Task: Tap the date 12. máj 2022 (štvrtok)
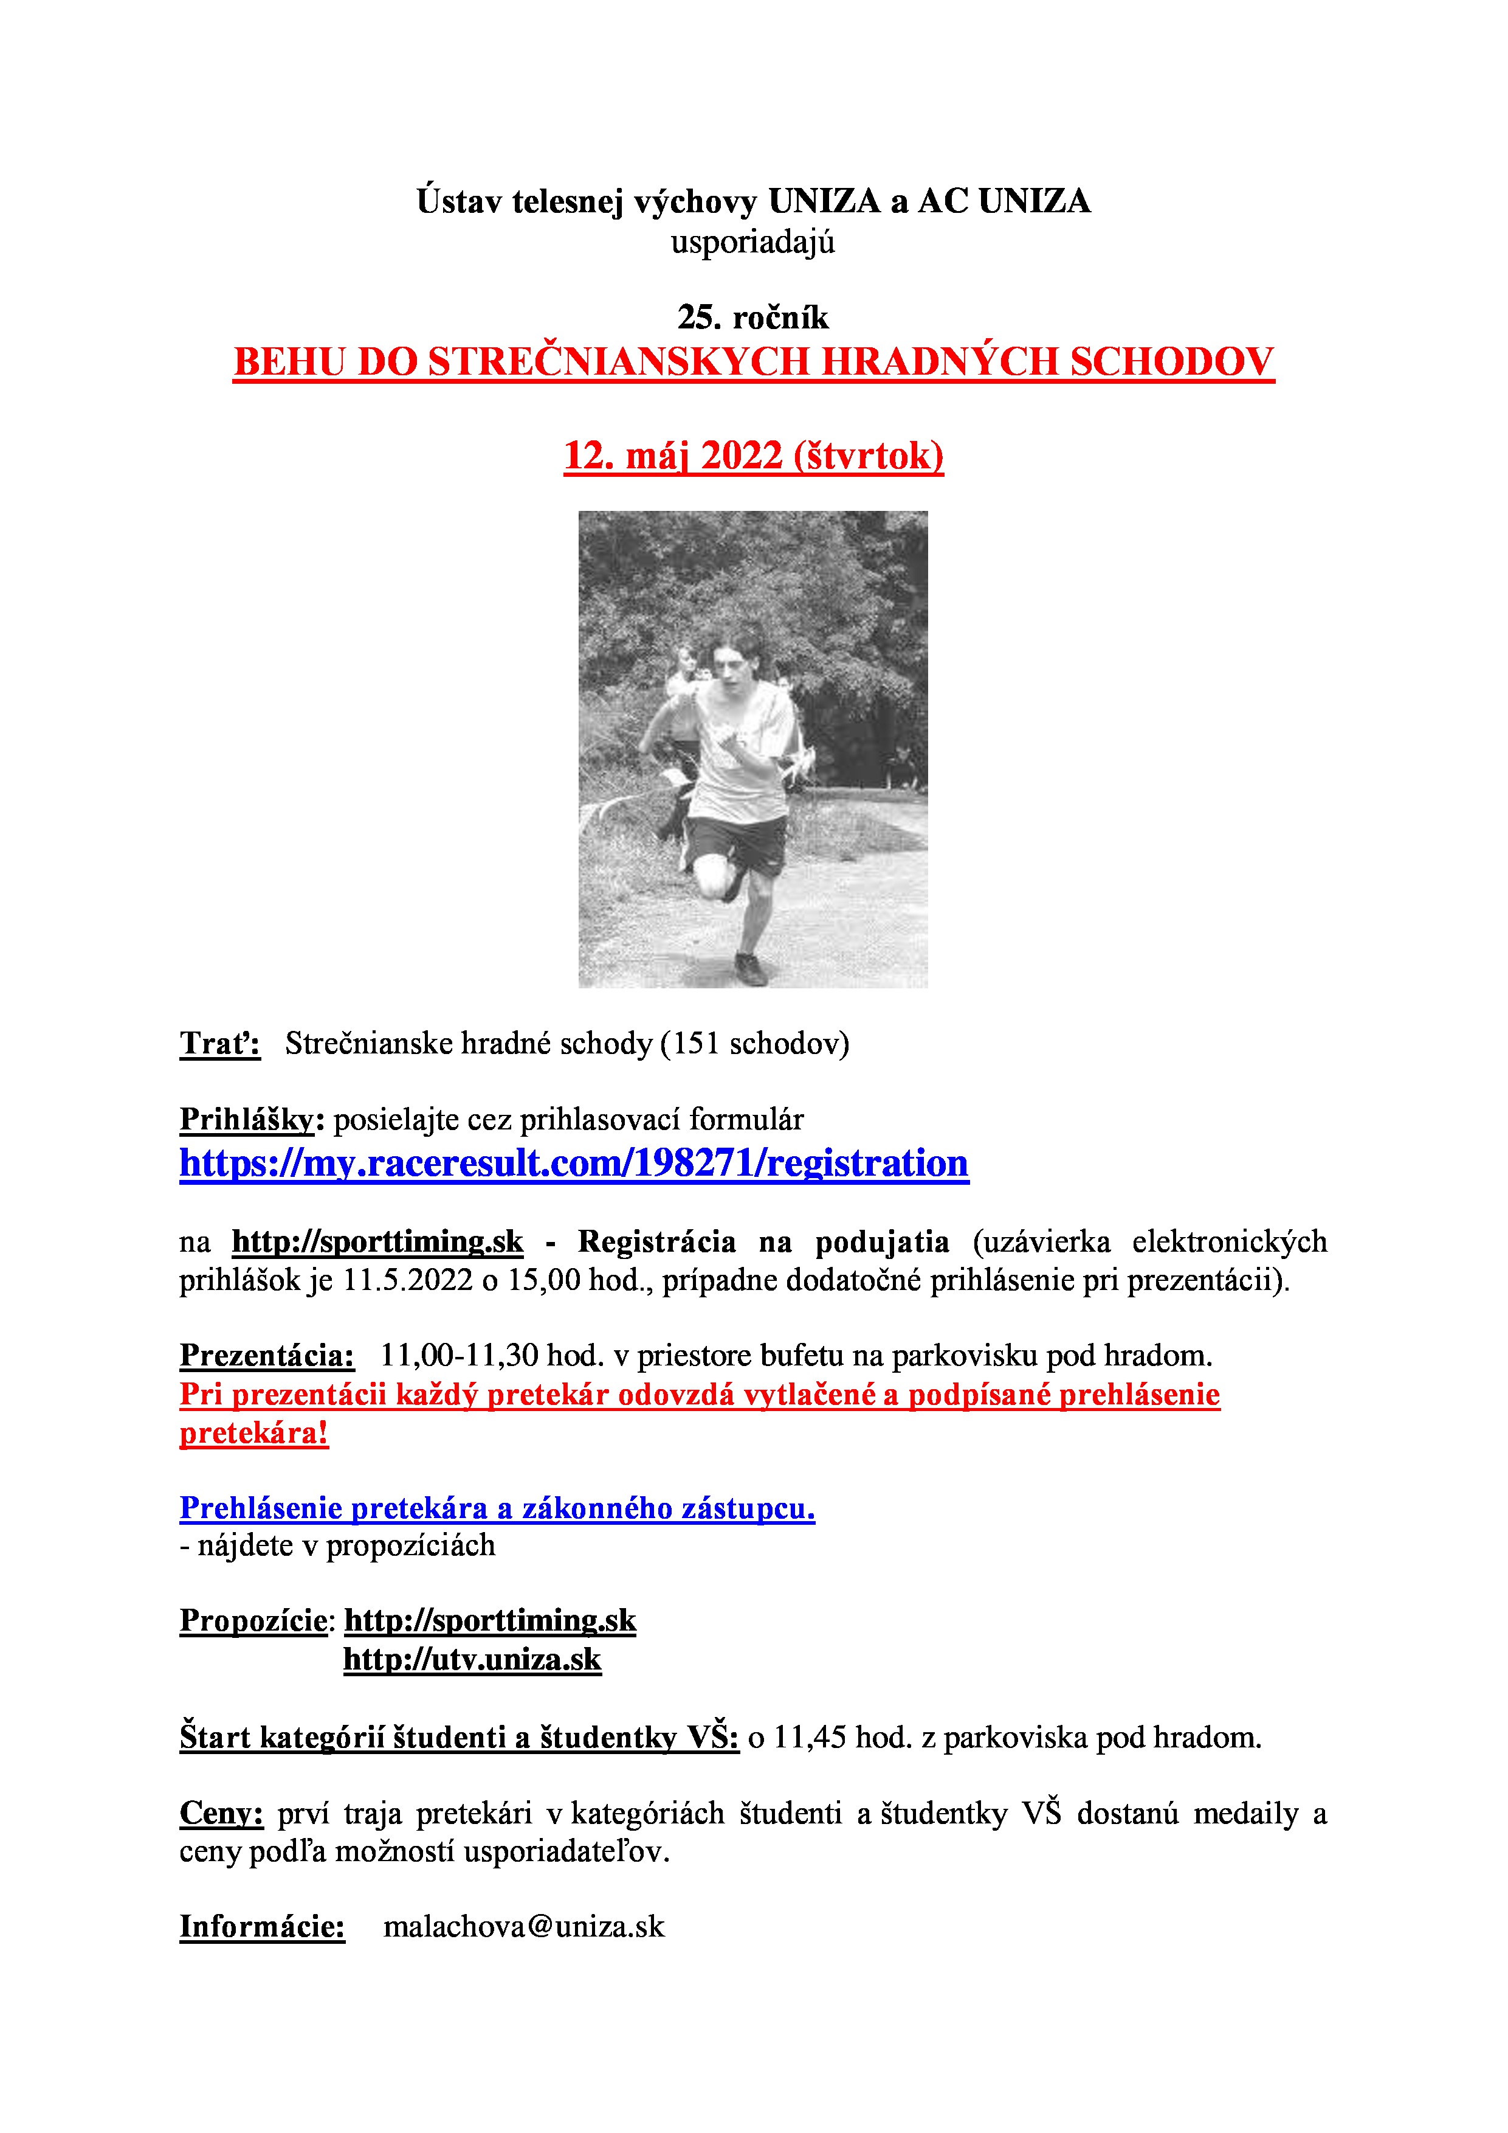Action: (753, 456)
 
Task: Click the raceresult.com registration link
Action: (574, 1163)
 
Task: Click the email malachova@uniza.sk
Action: (524, 1926)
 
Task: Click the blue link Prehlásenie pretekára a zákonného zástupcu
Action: (497, 1508)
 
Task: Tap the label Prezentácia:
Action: (266, 1356)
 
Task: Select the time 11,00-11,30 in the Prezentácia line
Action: (459, 1356)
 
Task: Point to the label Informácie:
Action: (262, 1926)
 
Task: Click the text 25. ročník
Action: (753, 317)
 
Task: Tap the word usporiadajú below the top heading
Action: (753, 243)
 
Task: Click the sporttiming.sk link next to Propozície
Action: (491, 1620)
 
